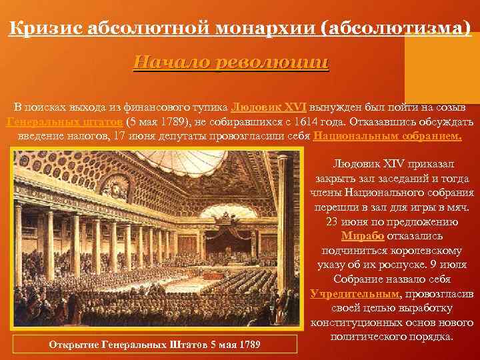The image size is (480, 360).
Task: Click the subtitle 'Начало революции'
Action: tap(231, 63)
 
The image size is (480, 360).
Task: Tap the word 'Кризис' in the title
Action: tap(42, 28)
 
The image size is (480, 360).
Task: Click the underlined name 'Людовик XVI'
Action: tap(268, 108)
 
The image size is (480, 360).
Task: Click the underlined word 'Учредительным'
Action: tap(355, 294)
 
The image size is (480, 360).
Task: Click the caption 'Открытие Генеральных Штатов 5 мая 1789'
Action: tap(155, 344)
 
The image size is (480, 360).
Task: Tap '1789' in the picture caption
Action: tap(248, 344)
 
